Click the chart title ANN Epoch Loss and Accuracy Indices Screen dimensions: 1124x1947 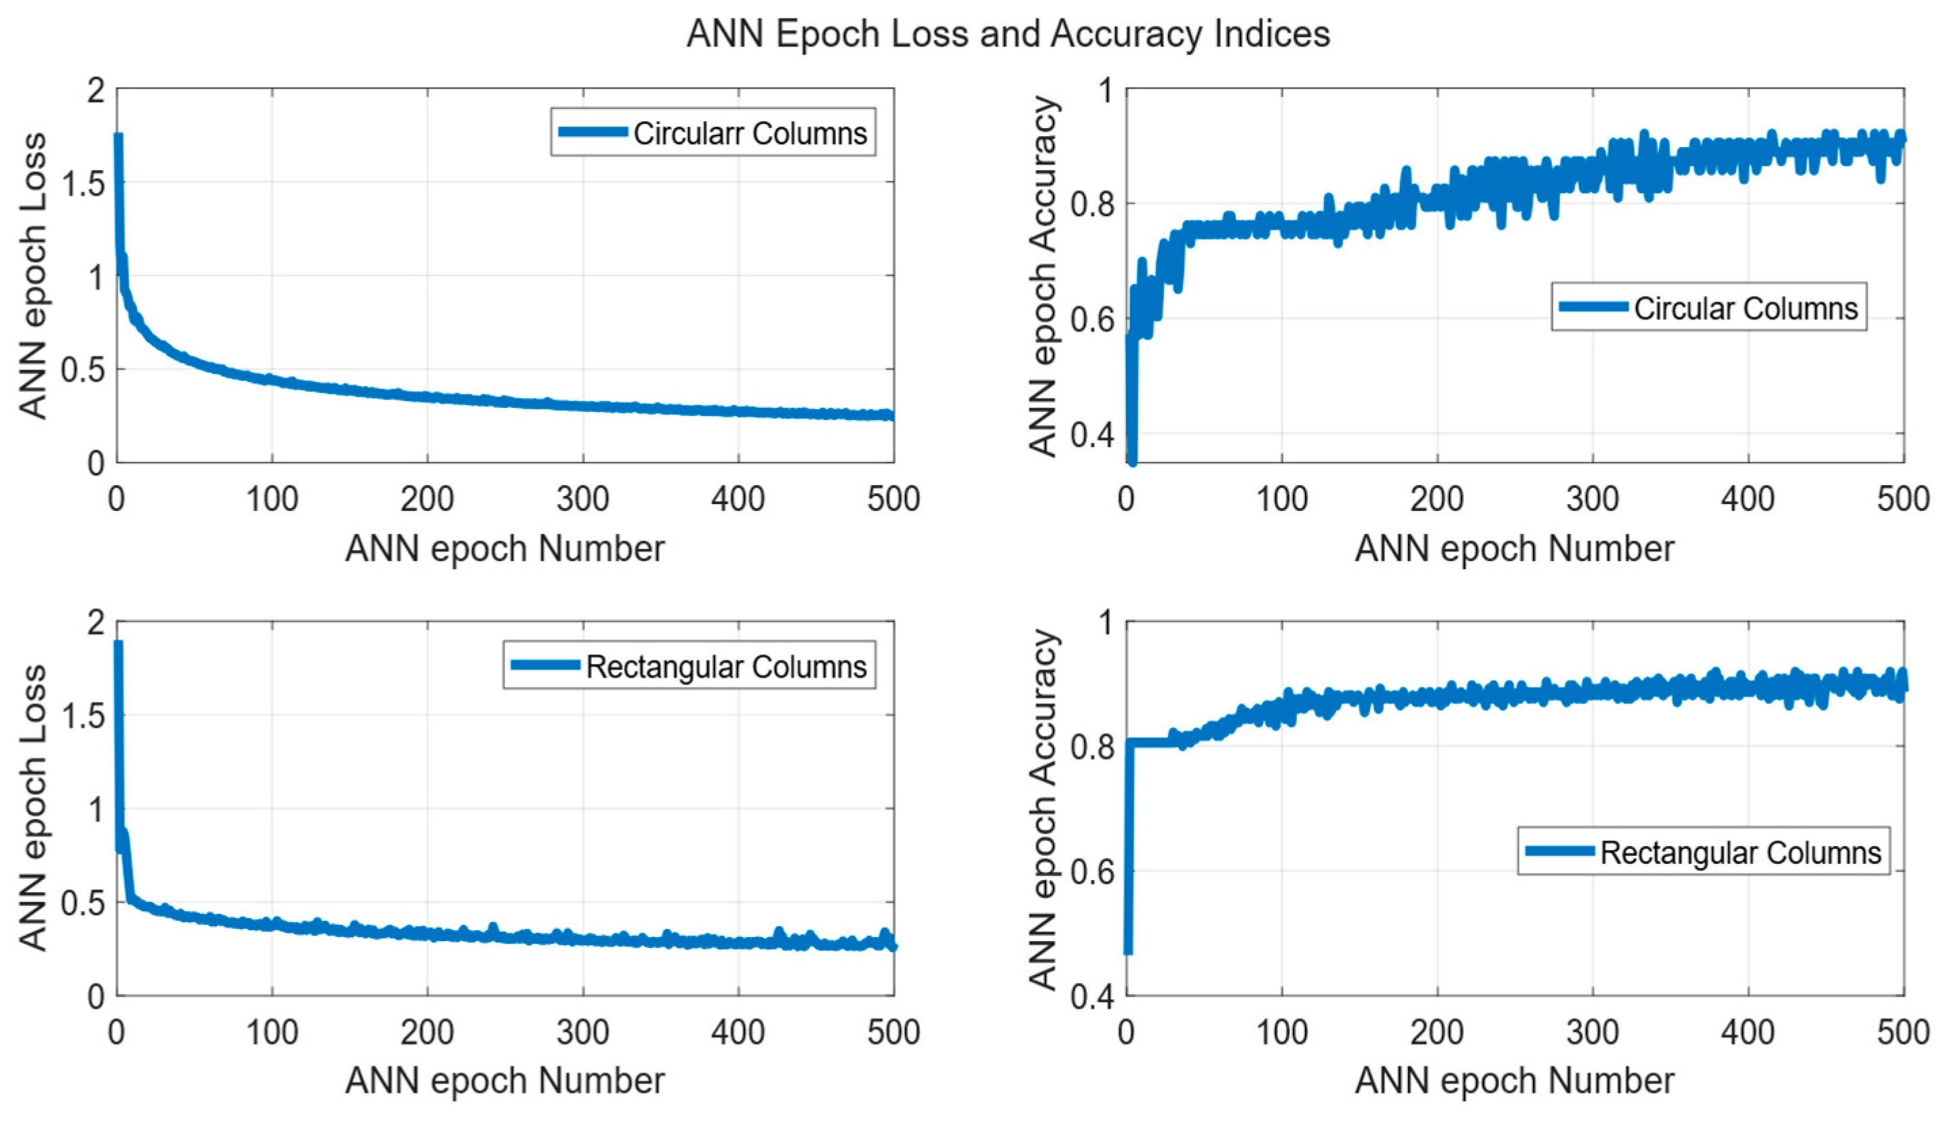(x=1008, y=34)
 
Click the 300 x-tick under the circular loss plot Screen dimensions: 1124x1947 (x=583, y=499)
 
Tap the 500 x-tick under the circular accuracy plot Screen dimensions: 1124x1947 (x=1902, y=499)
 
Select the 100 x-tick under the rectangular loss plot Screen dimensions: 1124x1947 (x=272, y=1031)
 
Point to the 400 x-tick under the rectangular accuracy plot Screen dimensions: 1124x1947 (x=1747, y=1031)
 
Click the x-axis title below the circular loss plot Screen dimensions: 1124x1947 (x=504, y=549)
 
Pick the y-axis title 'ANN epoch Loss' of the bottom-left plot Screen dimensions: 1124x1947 (x=33, y=808)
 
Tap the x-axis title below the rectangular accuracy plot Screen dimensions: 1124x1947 (x=1514, y=1081)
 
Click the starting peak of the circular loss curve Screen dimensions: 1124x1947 (x=118, y=138)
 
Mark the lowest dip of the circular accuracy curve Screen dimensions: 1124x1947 (x=1132, y=461)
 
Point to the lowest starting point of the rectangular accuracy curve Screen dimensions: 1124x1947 (x=1127, y=951)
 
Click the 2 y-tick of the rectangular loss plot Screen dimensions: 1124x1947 (x=96, y=622)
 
